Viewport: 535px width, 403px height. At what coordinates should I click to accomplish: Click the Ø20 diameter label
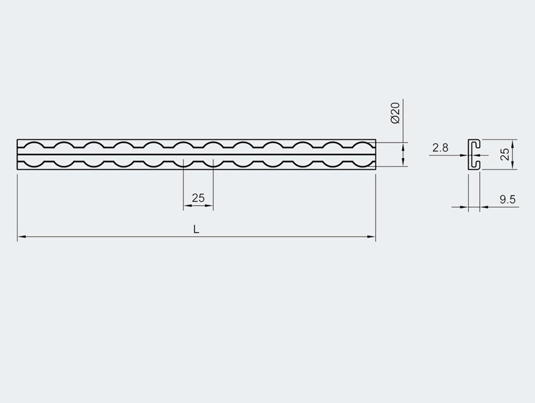[395, 113]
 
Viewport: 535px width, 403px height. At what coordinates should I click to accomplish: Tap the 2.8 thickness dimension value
[440, 148]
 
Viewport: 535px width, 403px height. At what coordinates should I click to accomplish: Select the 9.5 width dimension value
[507, 200]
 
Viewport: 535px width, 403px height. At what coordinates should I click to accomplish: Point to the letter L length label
[196, 229]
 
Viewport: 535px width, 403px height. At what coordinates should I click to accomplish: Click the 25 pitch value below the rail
[198, 197]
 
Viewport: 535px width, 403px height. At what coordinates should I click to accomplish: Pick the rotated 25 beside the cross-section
[505, 154]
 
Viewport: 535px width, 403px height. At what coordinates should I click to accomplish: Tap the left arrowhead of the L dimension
[21, 237]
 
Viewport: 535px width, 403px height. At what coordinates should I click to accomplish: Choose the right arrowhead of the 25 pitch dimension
[210, 206]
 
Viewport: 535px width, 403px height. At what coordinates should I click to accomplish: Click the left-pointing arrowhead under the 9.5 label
[484, 207]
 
